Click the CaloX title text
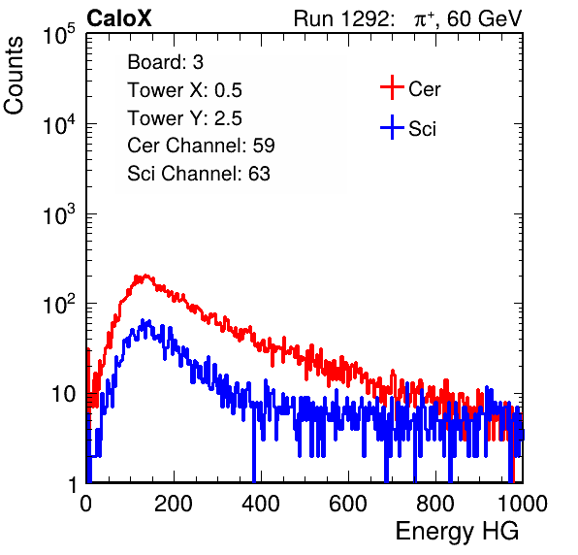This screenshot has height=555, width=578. coord(118,18)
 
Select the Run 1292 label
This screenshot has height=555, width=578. coord(341,18)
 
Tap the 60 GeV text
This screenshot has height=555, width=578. coord(484,18)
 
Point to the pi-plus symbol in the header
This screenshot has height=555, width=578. coord(424,19)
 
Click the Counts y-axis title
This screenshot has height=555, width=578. coord(14,76)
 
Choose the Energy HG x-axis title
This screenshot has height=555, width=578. coord(457,531)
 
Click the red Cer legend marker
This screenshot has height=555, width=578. coord(392,87)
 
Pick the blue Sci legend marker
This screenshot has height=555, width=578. coord(392,127)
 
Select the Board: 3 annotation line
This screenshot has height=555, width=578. coord(165,62)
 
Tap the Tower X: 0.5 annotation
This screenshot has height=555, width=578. coord(184,90)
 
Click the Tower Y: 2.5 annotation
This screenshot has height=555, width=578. coord(184,118)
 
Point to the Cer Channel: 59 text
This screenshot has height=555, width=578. coord(201,146)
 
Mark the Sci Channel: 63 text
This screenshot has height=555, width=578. coord(199,174)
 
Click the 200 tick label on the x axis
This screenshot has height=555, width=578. coord(174,504)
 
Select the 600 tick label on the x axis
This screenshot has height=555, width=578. coord(348,504)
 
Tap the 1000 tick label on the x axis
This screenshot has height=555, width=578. coord(523,504)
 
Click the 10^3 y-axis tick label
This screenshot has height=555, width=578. coord(59,213)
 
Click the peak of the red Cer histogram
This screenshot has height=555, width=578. coord(146,276)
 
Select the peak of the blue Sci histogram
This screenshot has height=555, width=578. coord(143,320)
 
